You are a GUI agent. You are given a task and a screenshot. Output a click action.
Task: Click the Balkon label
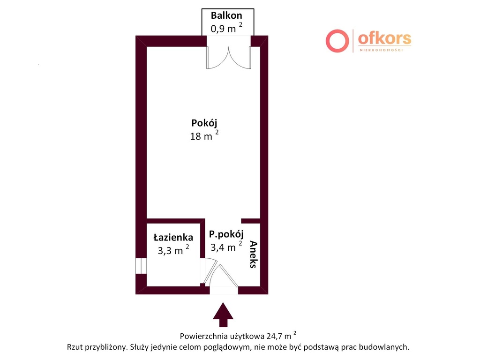(226, 15)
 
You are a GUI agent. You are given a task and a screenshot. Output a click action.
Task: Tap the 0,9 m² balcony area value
(226, 28)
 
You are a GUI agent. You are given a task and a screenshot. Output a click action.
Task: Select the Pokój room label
(204, 123)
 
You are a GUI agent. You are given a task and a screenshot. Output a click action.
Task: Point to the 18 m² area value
(204, 135)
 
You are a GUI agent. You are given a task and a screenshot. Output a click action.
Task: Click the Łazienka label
(173, 237)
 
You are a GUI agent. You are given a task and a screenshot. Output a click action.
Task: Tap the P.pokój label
(226, 234)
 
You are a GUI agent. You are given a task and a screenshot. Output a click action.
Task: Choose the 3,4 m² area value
(226, 247)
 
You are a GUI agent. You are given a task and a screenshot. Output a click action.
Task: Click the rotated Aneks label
(254, 255)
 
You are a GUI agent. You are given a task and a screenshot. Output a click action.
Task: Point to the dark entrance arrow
(223, 315)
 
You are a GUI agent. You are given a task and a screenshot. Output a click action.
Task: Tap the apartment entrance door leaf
(228, 276)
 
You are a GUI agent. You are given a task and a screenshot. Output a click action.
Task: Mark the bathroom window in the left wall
(141, 266)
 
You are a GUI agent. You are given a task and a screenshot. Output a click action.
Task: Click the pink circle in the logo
(337, 41)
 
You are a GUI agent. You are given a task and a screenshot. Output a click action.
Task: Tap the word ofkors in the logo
(384, 38)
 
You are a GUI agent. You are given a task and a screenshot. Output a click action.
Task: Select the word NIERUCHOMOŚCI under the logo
(381, 50)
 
